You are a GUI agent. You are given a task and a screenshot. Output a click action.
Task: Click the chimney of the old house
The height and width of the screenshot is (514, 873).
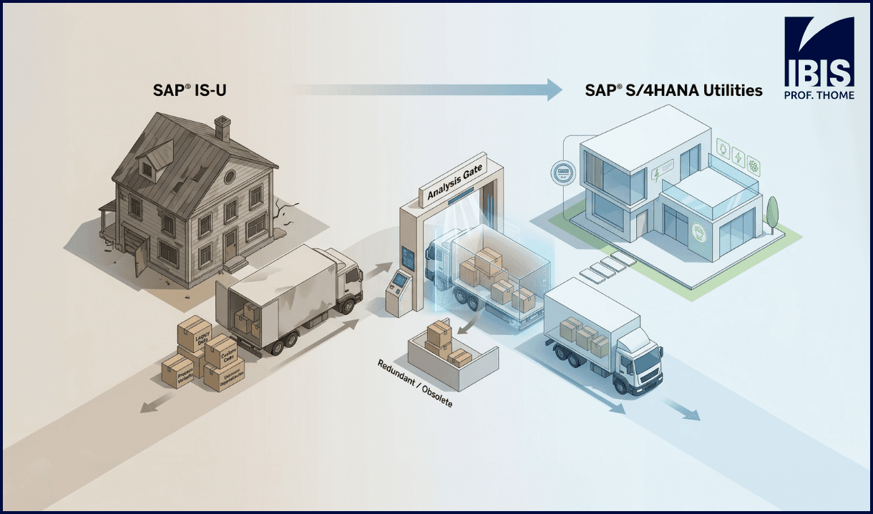tap(223, 129)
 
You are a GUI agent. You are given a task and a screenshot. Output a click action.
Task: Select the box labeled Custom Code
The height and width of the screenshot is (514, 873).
tap(221, 351)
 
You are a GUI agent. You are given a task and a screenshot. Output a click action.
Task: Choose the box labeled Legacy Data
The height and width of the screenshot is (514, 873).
tap(192, 334)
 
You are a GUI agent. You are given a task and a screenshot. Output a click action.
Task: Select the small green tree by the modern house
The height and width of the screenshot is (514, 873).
tap(772, 213)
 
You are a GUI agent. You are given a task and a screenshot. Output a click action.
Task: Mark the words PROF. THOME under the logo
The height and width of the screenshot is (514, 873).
tap(819, 94)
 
